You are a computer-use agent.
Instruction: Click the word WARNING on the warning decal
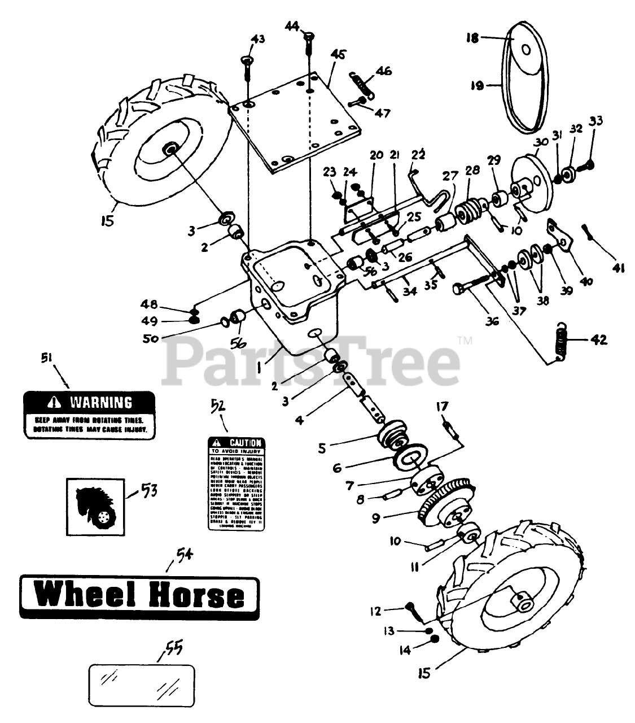(x=100, y=403)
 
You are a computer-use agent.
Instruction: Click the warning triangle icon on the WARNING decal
(x=54, y=403)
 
